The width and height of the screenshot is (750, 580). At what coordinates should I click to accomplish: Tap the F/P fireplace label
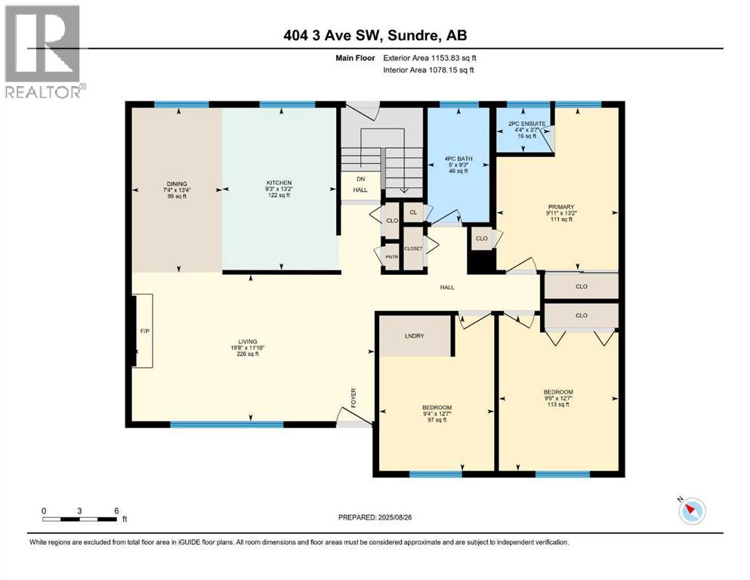pyautogui.click(x=144, y=331)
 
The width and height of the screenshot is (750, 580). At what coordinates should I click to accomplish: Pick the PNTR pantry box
pyautogui.click(x=391, y=257)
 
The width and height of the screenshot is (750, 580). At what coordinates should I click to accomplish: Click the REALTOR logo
pyautogui.click(x=42, y=51)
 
